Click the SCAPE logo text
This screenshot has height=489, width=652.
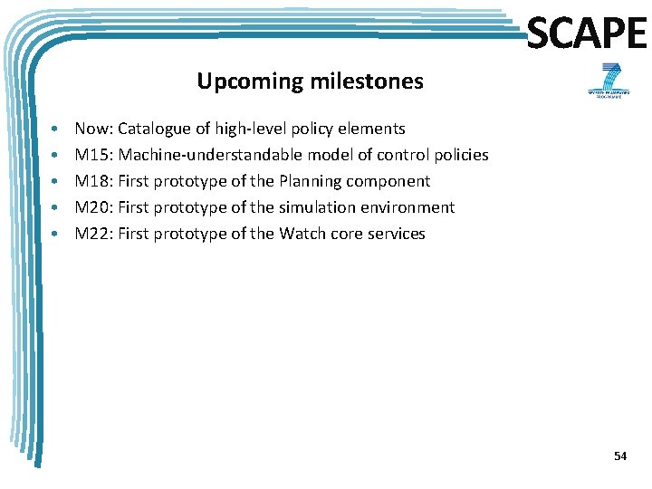(x=587, y=34)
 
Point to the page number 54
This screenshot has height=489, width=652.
(x=619, y=456)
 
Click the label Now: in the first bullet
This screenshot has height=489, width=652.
(x=93, y=129)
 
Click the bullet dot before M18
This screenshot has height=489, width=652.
(x=56, y=181)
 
